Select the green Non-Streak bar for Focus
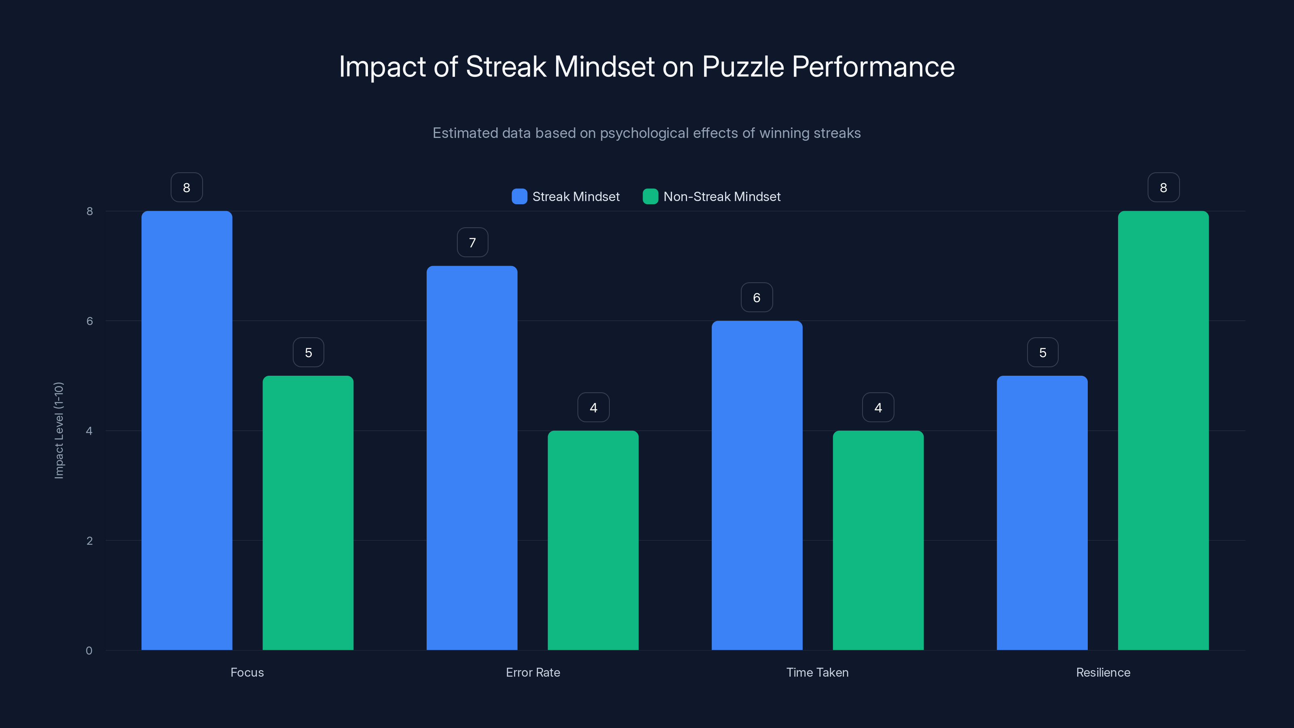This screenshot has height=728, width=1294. (308, 512)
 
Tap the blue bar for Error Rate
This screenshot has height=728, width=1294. (472, 458)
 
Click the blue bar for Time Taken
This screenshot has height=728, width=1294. (757, 485)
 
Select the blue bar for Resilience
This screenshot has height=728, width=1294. (1042, 512)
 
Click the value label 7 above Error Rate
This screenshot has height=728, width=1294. (472, 243)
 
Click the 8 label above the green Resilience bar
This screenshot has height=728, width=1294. (1163, 187)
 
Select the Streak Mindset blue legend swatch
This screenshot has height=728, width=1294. (519, 197)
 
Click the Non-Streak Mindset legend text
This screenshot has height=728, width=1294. (721, 197)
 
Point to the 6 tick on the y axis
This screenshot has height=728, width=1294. (89, 321)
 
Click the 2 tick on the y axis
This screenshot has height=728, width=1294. (89, 541)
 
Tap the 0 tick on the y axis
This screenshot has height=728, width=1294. (89, 651)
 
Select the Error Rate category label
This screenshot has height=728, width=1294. (533, 672)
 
